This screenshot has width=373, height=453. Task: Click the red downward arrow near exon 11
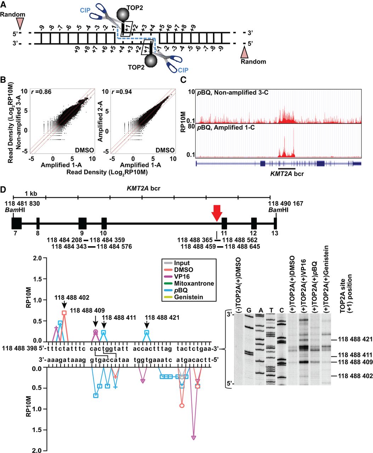click(217, 214)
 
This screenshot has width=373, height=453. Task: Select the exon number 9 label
click(82, 233)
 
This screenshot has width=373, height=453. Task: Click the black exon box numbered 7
click(16, 223)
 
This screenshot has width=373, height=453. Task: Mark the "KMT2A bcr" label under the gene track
click(287, 174)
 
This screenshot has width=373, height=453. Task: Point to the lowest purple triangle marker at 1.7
click(193, 438)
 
